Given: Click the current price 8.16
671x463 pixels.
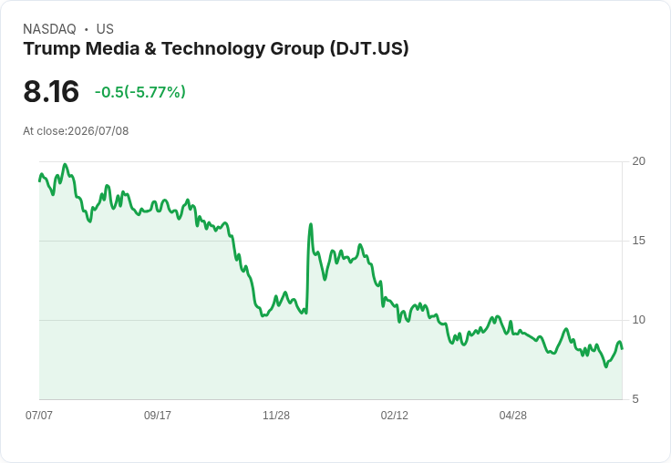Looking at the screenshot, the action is [x=51, y=91].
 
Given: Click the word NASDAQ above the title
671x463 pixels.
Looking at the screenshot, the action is [x=49, y=29].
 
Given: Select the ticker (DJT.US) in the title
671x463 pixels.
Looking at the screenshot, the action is [x=369, y=48].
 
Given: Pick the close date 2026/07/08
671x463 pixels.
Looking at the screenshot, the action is [x=98, y=131].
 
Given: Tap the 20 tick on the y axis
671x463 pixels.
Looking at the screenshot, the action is [x=638, y=161].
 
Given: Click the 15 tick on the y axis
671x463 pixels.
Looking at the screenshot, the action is [x=638, y=241].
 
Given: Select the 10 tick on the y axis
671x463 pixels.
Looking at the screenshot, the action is [x=638, y=320].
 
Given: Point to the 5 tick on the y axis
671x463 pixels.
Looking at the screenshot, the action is [x=635, y=399].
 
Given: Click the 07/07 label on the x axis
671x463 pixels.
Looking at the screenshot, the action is [x=39, y=415].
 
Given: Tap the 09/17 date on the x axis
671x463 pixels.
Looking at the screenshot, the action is [x=158, y=415].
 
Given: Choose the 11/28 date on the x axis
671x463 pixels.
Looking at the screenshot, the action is [x=276, y=415].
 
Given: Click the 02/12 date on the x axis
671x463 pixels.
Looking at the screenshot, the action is [x=395, y=415].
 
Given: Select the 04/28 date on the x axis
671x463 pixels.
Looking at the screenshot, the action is [x=513, y=415].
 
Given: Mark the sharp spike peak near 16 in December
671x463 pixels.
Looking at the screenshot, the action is [x=311, y=224].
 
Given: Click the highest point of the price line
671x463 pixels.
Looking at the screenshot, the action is [x=65, y=164].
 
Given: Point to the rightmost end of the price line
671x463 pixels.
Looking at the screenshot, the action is [x=622, y=348].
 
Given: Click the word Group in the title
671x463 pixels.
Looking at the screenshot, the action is [x=297, y=49].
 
